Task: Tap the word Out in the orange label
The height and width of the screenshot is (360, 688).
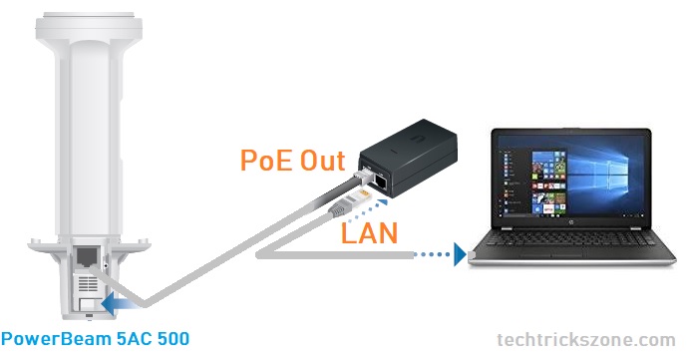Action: (323, 160)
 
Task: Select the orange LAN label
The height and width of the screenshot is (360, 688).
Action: (369, 232)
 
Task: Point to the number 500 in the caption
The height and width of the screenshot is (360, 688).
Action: (172, 339)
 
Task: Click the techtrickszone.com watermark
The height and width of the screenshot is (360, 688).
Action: (586, 340)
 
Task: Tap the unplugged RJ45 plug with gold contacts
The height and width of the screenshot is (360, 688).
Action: (350, 202)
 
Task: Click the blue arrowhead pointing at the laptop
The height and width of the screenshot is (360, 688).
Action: (460, 254)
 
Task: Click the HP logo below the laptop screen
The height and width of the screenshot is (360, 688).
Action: (571, 223)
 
